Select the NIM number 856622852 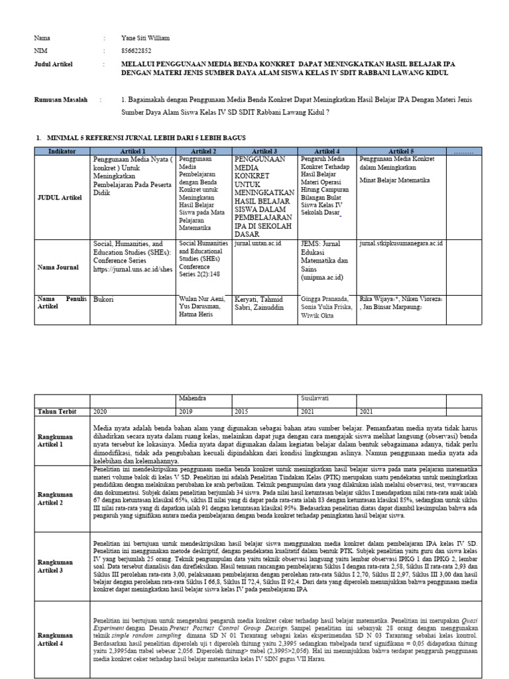(137, 50)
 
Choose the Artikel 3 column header (264, 152)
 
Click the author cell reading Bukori (104, 299)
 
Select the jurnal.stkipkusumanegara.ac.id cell (401, 244)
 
